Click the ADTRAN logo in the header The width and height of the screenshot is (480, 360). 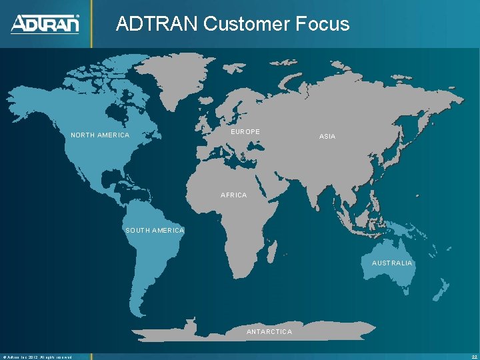(45, 24)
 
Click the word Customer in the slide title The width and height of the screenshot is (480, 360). (245, 24)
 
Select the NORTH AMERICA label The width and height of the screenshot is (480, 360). (100, 135)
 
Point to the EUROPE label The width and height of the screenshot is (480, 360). (245, 132)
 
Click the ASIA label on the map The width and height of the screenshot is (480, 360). (327, 136)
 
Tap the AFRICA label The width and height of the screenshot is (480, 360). (233, 195)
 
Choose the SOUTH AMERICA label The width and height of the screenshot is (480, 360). (155, 231)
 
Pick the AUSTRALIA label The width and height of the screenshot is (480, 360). (392, 263)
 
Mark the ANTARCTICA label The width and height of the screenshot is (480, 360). (269, 331)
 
